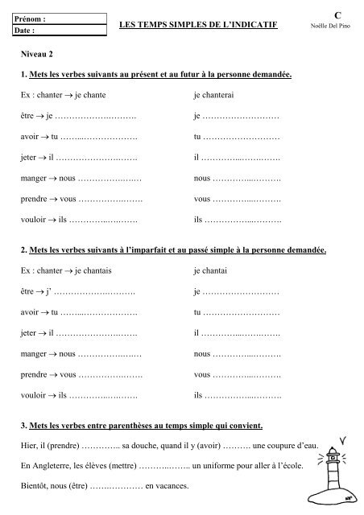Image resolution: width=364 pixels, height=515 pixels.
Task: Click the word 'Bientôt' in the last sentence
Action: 37,487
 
